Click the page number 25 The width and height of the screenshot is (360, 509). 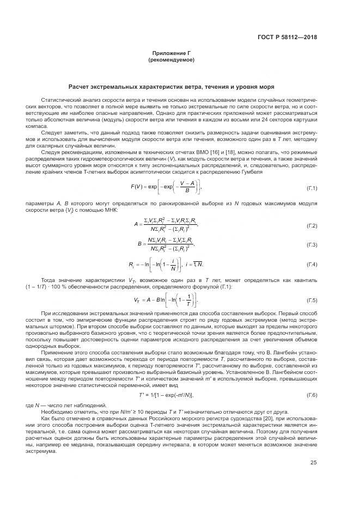[313, 463]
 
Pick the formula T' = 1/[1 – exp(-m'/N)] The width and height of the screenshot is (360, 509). [166, 395]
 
